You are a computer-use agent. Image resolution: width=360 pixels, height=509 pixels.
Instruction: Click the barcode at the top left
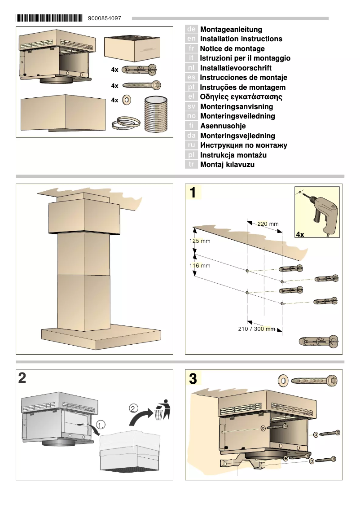coord(49,18)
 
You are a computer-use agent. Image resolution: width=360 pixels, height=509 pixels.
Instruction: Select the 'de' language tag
coord(191,29)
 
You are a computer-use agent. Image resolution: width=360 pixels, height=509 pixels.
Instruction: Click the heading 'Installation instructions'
coord(241,39)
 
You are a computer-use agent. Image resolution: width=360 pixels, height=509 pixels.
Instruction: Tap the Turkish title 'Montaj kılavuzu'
coord(227,165)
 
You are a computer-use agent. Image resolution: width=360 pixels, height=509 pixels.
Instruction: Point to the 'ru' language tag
coord(191,145)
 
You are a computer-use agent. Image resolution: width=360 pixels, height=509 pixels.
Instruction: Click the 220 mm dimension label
coord(268,224)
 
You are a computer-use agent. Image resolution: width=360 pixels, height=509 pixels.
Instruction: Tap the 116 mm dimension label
coord(199,266)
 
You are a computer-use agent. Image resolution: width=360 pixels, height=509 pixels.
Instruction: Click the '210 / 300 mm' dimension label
coord(256,329)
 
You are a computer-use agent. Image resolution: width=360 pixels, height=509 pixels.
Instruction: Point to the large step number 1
coord(193,193)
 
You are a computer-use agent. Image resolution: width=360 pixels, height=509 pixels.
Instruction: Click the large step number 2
coord(22,378)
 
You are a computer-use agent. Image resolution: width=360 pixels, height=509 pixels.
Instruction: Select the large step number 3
coord(193,379)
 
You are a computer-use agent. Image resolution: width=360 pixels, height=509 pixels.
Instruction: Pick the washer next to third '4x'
coord(127,100)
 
